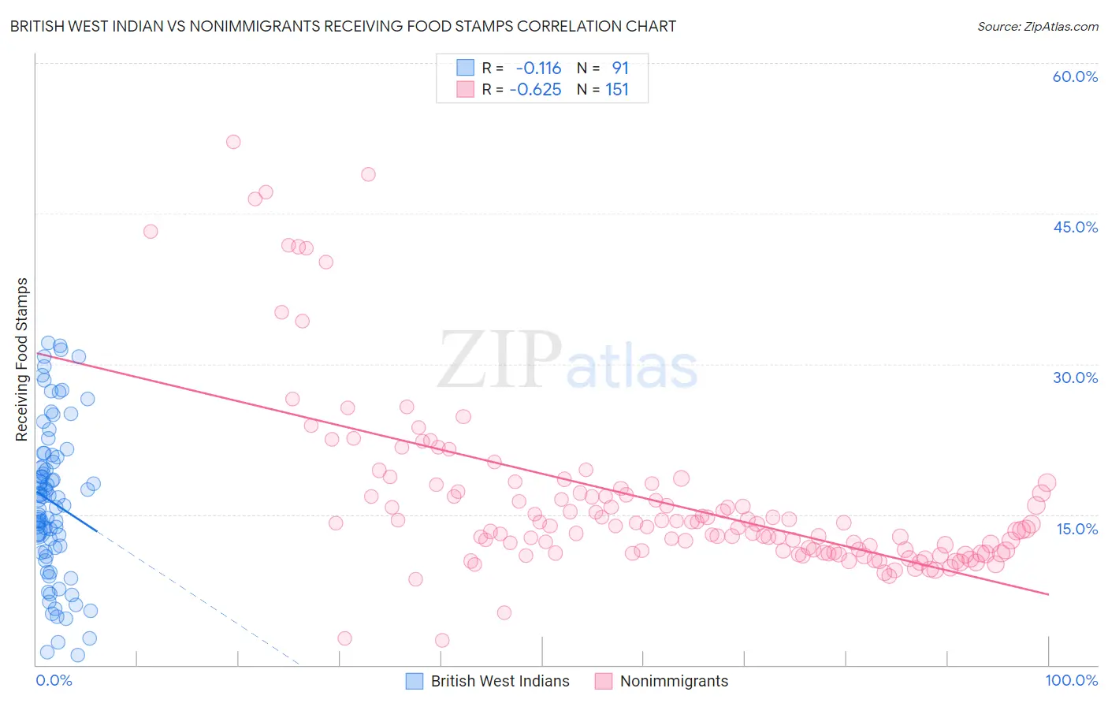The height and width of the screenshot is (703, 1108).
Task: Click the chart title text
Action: [343, 26]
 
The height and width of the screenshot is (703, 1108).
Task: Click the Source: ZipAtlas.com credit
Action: [1037, 26]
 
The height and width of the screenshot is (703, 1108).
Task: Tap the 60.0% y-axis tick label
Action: [1075, 76]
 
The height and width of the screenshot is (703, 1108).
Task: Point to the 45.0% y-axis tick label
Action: [1075, 227]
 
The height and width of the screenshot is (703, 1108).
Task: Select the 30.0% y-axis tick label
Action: [1075, 378]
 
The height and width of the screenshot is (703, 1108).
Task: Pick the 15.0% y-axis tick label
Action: [1076, 529]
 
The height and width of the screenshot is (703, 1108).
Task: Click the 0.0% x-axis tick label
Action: [54, 680]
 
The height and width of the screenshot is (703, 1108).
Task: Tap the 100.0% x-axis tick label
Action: [1071, 680]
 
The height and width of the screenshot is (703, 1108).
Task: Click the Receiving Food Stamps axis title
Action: [22, 359]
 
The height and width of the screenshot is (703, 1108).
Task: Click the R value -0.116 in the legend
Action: [538, 69]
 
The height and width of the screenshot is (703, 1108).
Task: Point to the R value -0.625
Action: [535, 90]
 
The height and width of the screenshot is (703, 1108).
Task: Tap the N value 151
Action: [617, 90]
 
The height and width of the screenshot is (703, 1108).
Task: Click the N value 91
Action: [620, 69]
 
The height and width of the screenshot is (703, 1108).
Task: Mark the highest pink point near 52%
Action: [233, 142]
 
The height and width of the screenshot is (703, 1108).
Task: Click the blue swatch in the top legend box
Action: [465, 68]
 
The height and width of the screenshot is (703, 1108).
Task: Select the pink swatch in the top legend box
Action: [465, 89]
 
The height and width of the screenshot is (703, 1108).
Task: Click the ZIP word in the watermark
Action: [500, 361]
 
